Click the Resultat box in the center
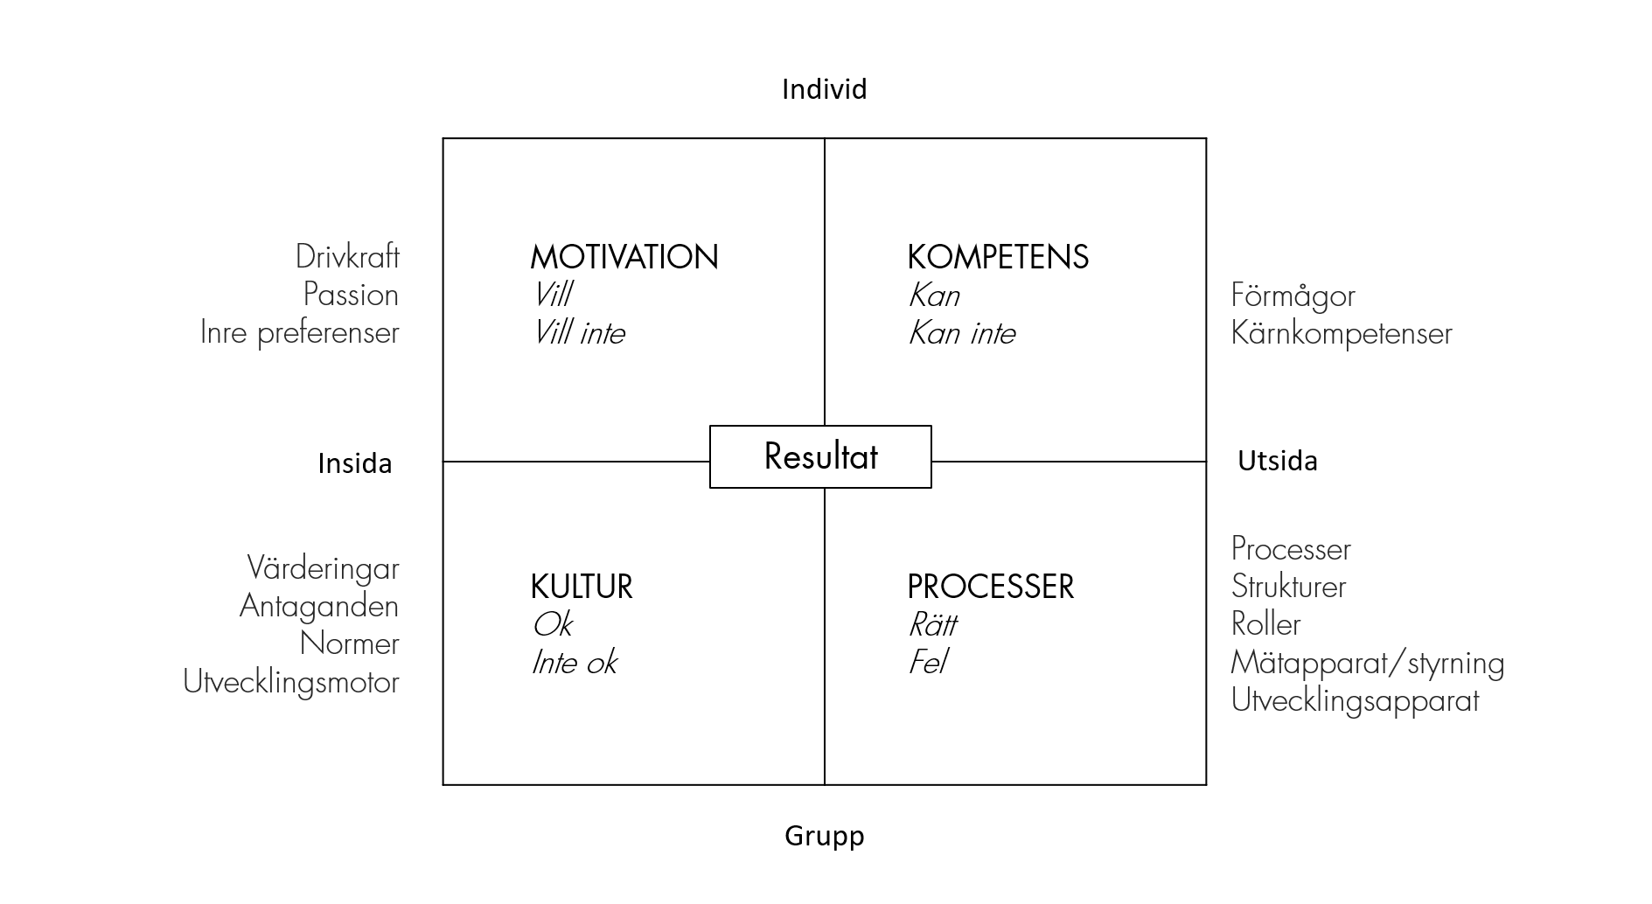click(820, 456)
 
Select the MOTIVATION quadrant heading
click(624, 257)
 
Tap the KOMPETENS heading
click(998, 257)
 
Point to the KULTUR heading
click(582, 587)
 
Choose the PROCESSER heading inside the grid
click(990, 587)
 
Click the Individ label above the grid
click(824, 89)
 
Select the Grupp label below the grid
click(824, 837)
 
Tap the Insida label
click(354, 462)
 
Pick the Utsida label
click(1277, 461)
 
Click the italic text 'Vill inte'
click(579, 333)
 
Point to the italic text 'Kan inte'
click(962, 333)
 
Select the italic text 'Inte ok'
click(575, 663)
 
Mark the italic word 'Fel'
click(928, 663)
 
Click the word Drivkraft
click(347, 257)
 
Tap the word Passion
click(351, 295)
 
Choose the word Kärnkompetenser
click(1342, 333)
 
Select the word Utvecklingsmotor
click(291, 682)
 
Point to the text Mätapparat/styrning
click(1368, 663)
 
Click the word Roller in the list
click(1265, 624)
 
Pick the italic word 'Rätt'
click(932, 624)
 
